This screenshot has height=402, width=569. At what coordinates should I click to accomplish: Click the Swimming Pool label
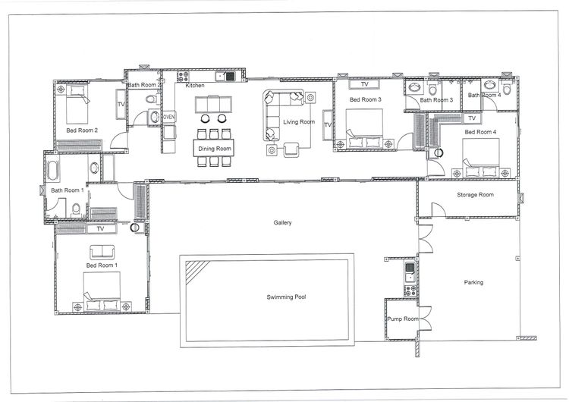[294, 297]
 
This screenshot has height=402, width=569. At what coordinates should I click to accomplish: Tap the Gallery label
[283, 222]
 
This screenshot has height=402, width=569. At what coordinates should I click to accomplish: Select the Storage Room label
[475, 195]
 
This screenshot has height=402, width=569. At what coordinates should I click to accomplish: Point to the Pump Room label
[401, 319]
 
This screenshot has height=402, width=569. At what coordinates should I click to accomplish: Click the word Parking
[473, 283]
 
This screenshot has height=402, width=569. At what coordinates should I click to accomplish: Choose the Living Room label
[298, 122]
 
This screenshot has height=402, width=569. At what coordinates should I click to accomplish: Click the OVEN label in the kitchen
[168, 118]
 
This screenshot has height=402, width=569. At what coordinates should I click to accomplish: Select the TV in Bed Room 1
[100, 228]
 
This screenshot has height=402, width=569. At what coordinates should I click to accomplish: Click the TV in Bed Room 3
[364, 84]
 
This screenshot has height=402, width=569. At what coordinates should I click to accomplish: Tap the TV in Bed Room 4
[471, 118]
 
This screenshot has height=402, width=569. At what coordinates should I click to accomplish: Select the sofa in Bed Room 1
[102, 252]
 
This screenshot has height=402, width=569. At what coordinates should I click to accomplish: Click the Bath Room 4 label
[484, 96]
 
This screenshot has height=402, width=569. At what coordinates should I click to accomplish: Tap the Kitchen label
[195, 86]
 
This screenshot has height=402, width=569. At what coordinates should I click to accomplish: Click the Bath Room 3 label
[436, 100]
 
